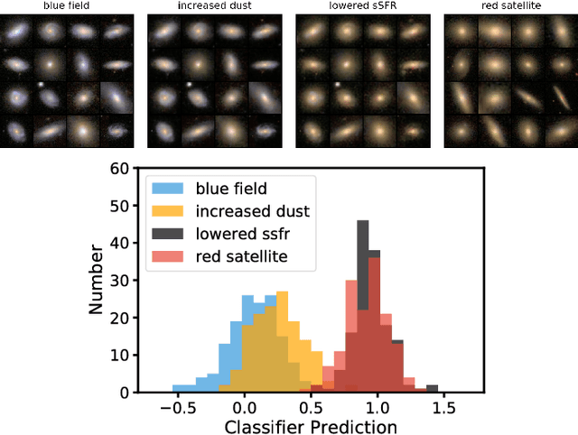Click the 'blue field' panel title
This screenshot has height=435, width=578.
pos(68,5)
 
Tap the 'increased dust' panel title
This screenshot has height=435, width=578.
pos(215,5)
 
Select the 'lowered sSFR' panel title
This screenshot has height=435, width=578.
pos(363,5)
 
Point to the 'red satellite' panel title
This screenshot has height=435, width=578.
pos(511,5)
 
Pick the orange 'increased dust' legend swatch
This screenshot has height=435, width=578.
pos(169,211)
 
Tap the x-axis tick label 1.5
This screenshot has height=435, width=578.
pos(443,407)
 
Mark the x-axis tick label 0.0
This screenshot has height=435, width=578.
pos(244,407)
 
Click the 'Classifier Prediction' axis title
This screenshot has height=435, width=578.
pos(310,426)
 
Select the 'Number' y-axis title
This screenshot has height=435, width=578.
pos(98,281)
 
